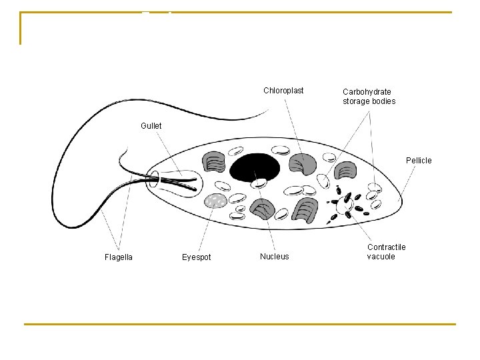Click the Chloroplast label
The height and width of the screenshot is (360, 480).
283,91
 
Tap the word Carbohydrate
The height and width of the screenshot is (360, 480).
367,91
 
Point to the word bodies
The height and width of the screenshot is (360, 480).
384,101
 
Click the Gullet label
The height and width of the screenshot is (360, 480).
151,126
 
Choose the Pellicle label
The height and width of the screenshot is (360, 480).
419,161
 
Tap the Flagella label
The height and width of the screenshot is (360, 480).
119,257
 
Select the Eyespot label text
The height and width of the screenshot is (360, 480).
196,257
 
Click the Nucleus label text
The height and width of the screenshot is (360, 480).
275,257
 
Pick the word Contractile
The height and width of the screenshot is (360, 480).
386,247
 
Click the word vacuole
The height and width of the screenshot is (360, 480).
381,257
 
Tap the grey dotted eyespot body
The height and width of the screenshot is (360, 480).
215,200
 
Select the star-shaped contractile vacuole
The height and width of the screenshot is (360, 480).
344,205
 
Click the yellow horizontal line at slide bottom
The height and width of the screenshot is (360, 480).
240,325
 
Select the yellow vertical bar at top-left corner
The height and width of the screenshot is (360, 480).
21,29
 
